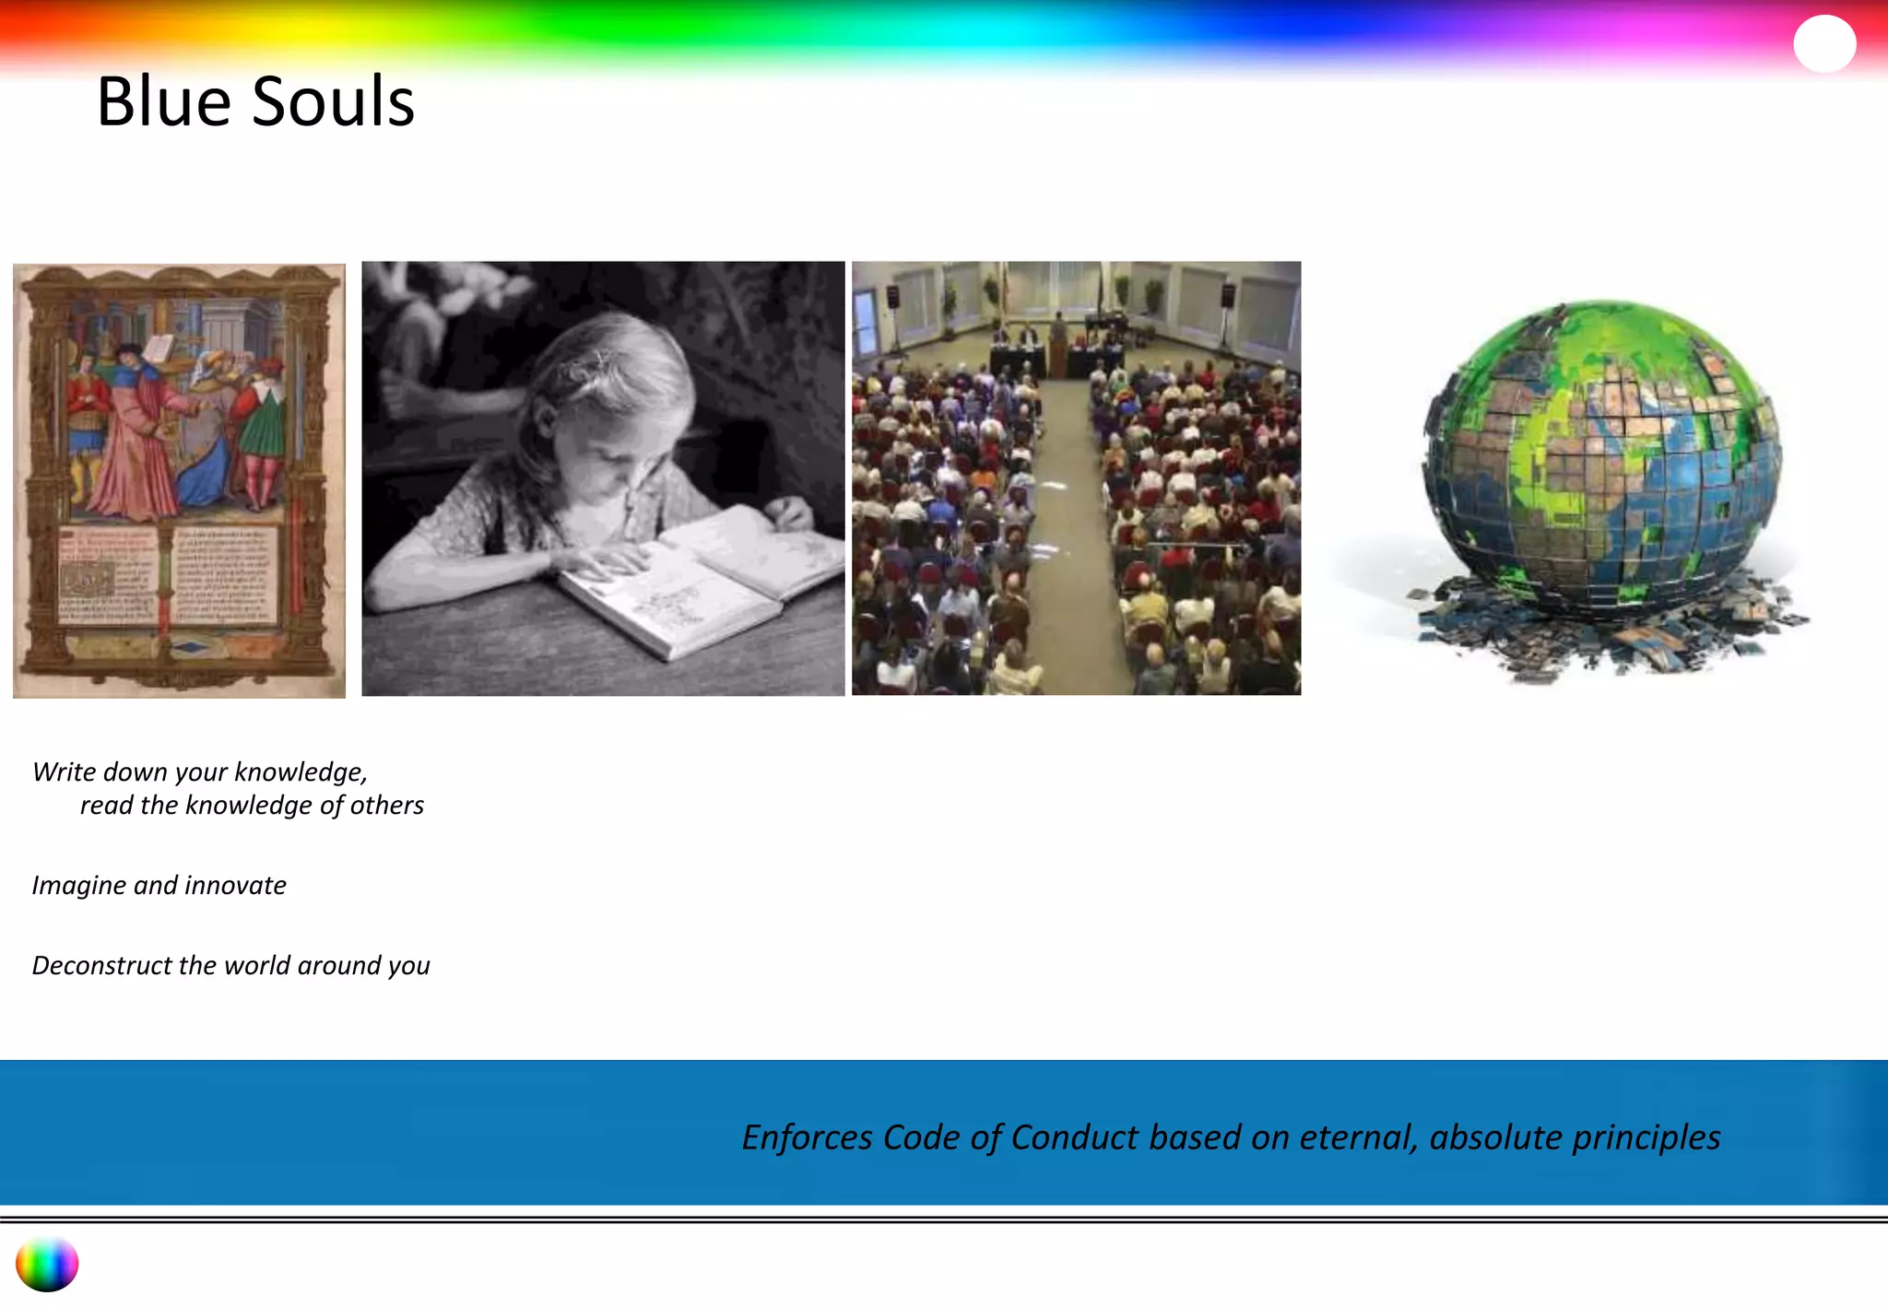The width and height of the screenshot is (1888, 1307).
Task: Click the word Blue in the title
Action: tap(164, 101)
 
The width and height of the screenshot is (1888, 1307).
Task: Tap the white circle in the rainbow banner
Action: tap(1824, 43)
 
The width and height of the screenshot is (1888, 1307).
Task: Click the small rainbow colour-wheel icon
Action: tap(47, 1265)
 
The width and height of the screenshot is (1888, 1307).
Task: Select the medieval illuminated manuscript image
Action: tap(179, 480)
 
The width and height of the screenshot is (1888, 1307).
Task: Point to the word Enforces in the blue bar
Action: tap(807, 1138)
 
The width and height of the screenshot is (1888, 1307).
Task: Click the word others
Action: tap(386, 806)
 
